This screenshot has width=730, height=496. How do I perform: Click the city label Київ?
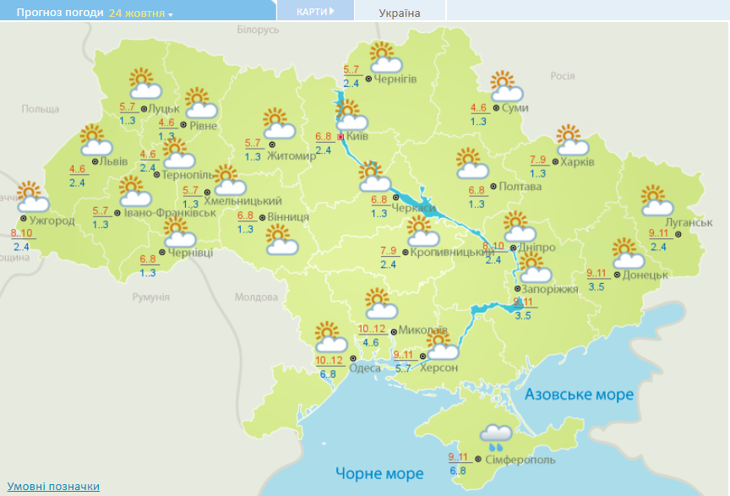point(357,136)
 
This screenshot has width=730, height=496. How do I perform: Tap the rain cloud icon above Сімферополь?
point(495,435)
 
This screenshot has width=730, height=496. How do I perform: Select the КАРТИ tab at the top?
point(314,11)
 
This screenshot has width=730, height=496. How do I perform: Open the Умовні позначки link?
point(53,486)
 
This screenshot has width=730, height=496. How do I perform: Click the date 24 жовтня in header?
point(139,14)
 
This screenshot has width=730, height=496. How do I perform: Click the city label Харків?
point(578,161)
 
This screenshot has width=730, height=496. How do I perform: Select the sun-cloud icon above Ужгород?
point(31,197)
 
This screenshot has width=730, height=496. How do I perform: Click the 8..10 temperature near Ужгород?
point(21,233)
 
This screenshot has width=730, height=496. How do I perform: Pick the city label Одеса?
point(364,368)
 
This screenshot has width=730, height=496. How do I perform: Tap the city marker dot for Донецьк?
point(617,275)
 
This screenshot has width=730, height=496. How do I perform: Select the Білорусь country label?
point(258,30)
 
